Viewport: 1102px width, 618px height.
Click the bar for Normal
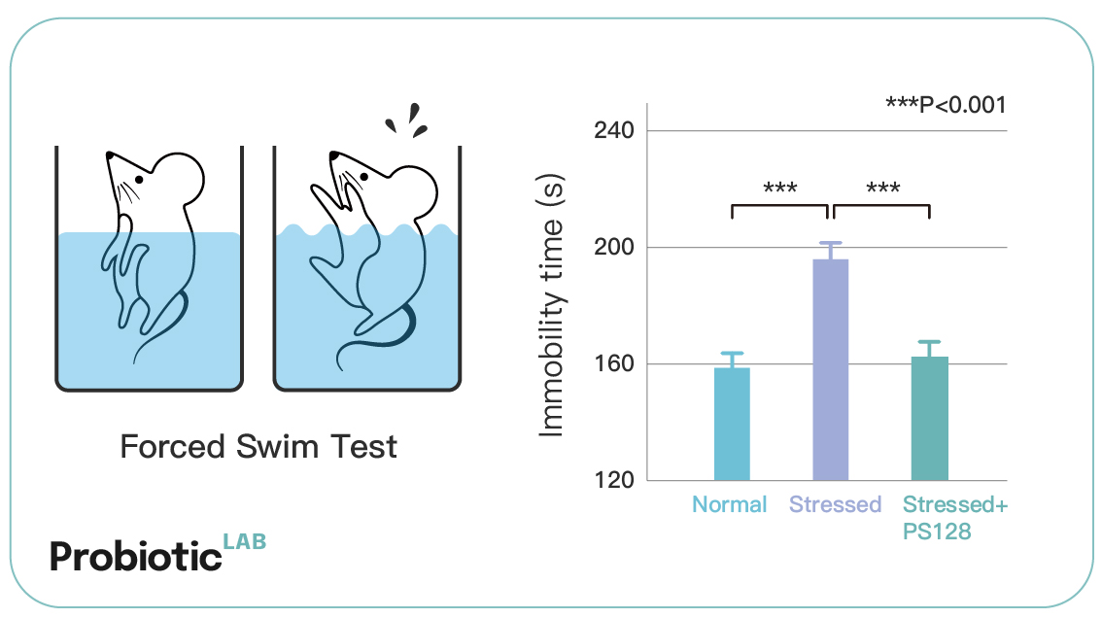pyautogui.click(x=732, y=424)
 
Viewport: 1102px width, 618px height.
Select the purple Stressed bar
pyautogui.click(x=831, y=370)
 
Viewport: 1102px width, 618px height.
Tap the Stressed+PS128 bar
pyautogui.click(x=930, y=419)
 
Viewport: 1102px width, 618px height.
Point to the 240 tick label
pyautogui.click(x=614, y=130)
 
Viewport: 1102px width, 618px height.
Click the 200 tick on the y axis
pyautogui.click(x=614, y=247)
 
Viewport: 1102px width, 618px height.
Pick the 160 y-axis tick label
pyautogui.click(x=614, y=363)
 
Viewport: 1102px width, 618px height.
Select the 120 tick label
pyautogui.click(x=614, y=480)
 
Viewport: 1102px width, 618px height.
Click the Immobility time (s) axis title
pyautogui.click(x=552, y=305)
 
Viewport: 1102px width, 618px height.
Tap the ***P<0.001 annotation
pyautogui.click(x=946, y=105)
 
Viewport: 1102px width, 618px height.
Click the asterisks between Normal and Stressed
pyautogui.click(x=780, y=187)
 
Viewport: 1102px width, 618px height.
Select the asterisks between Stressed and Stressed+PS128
pyautogui.click(x=882, y=187)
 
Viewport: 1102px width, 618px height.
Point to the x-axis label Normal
pyautogui.click(x=730, y=504)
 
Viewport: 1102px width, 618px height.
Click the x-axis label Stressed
pyautogui.click(x=835, y=504)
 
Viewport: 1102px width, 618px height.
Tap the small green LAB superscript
pyautogui.click(x=245, y=541)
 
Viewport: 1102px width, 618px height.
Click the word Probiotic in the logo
pyautogui.click(x=136, y=557)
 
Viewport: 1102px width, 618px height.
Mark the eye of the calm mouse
pyautogui.click(x=139, y=180)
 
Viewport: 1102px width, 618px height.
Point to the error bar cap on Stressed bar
pyautogui.click(x=831, y=243)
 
